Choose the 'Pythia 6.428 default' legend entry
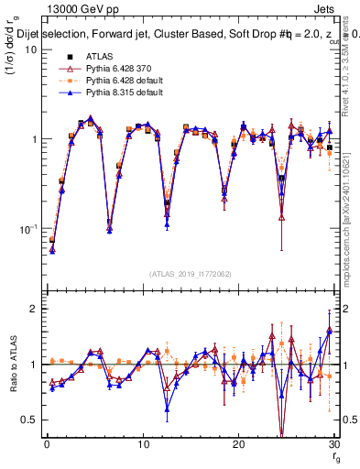pyautogui.click(x=120, y=82)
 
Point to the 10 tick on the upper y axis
pyautogui.click(x=32, y=49)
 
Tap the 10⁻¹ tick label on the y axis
pyautogui.click(x=30, y=228)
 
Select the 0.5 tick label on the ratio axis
pyautogui.click(x=31, y=420)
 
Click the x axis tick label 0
pyautogui.click(x=47, y=443)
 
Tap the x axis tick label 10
pyautogui.click(x=142, y=443)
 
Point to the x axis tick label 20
pyautogui.click(x=238, y=443)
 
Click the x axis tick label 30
pyautogui.click(x=333, y=443)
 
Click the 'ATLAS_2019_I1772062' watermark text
pyautogui.click(x=190, y=273)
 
